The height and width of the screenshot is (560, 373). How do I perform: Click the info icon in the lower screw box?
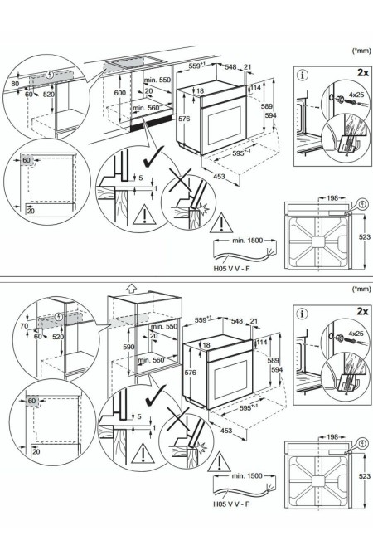point(302,314)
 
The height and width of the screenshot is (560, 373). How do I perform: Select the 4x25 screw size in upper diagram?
point(356,96)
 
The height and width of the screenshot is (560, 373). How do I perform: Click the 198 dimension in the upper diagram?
point(332,200)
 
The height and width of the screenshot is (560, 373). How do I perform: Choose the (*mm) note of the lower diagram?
point(360,290)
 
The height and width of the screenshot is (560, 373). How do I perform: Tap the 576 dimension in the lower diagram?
point(189,374)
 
